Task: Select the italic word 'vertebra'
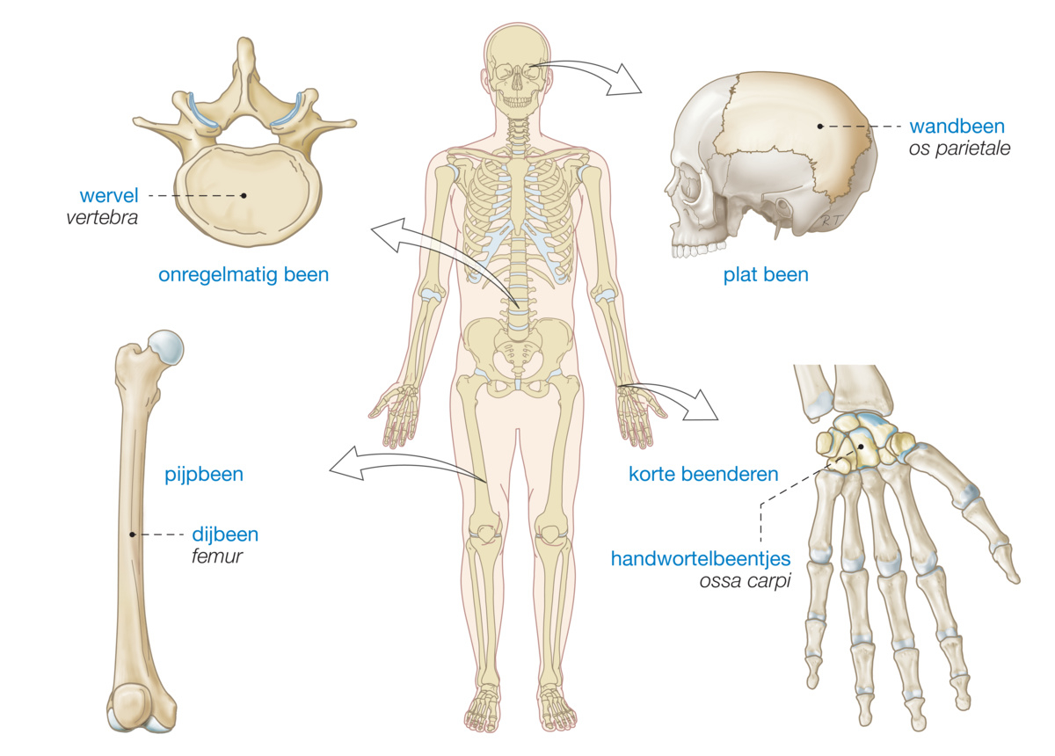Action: [101, 216]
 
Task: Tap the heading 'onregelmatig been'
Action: [244, 275]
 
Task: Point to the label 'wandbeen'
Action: [957, 126]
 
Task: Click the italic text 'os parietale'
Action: [958, 149]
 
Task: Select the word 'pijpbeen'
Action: [204, 476]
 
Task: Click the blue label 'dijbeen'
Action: [225, 534]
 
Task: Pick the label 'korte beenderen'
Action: [703, 475]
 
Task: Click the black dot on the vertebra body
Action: [244, 194]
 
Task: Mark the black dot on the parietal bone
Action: [819, 126]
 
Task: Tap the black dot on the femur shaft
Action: [132, 534]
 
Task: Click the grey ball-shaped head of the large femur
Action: [166, 348]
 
